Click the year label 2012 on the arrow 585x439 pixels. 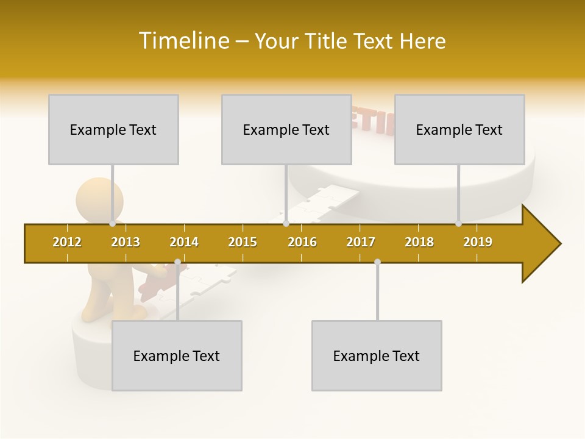(x=67, y=242)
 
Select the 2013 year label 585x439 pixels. (x=126, y=242)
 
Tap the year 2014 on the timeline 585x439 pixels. (x=184, y=242)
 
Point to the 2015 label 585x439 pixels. (x=243, y=242)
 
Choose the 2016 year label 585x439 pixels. (x=302, y=242)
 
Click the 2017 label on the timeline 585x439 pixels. (x=361, y=242)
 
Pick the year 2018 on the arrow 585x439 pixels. (x=419, y=242)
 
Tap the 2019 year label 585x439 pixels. (x=478, y=242)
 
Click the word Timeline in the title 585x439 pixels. (x=183, y=41)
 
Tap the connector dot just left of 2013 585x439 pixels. (x=113, y=224)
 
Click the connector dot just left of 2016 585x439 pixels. (x=286, y=224)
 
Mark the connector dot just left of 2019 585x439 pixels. (x=459, y=224)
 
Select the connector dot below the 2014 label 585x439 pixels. (x=177, y=262)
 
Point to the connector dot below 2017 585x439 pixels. (x=377, y=262)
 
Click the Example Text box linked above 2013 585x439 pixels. (x=113, y=129)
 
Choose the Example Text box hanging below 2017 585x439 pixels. (x=377, y=355)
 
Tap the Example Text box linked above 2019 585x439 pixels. (x=459, y=129)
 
